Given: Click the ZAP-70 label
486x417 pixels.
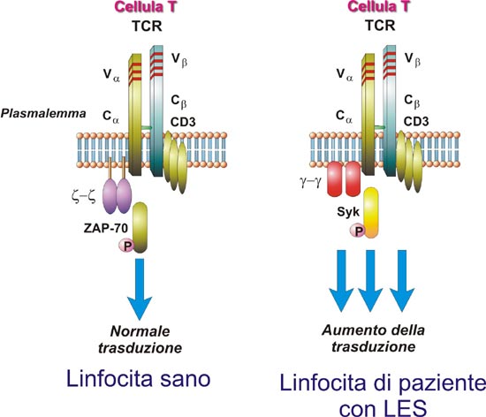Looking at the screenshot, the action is (106, 228).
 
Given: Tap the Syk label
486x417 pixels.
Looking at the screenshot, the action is (348, 212).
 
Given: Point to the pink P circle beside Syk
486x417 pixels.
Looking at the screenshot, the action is (358, 231).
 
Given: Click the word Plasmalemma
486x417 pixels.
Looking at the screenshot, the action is (43, 113).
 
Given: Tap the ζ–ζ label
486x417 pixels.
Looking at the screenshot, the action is (83, 197).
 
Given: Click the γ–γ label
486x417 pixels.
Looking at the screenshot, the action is (310, 182).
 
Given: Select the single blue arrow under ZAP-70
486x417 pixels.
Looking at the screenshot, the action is (140, 289).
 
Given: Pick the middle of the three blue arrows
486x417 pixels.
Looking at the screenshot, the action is (370, 281).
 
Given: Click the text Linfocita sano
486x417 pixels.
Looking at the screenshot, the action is (139, 379).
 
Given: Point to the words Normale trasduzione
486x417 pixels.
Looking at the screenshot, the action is (140, 339).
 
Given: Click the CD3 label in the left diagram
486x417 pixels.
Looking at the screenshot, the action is (183, 122).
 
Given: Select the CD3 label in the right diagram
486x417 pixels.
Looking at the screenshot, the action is (416, 121).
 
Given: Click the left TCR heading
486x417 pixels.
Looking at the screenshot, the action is (147, 26).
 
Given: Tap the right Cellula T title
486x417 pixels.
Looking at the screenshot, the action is (378, 7).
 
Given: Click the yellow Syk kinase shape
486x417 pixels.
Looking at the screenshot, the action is (371, 213).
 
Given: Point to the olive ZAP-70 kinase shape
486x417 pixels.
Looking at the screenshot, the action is (140, 228).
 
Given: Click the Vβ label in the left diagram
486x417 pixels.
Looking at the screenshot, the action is (179, 60).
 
